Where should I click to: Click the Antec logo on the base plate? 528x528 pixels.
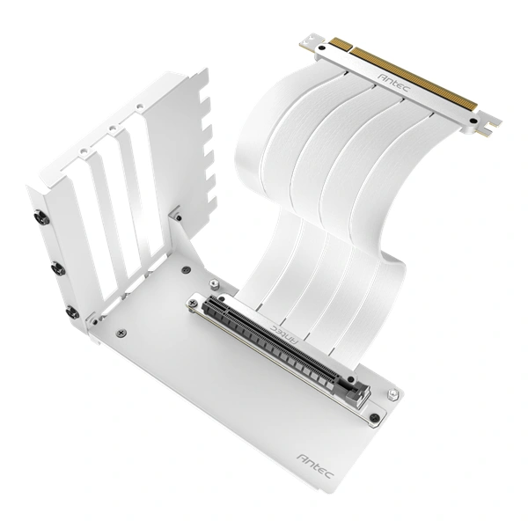(316, 466)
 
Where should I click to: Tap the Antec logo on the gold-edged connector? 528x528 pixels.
(393, 83)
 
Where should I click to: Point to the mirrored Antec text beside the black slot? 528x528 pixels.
(284, 334)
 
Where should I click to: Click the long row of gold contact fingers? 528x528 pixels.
(414, 78)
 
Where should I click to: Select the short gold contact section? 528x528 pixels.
(340, 44)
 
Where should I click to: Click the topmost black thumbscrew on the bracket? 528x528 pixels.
(43, 219)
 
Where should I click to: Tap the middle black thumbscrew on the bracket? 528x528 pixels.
(57, 270)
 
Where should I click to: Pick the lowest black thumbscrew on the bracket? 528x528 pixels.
(72, 313)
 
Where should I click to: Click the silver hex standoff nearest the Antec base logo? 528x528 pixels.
(393, 393)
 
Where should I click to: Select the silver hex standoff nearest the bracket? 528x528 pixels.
(214, 283)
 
